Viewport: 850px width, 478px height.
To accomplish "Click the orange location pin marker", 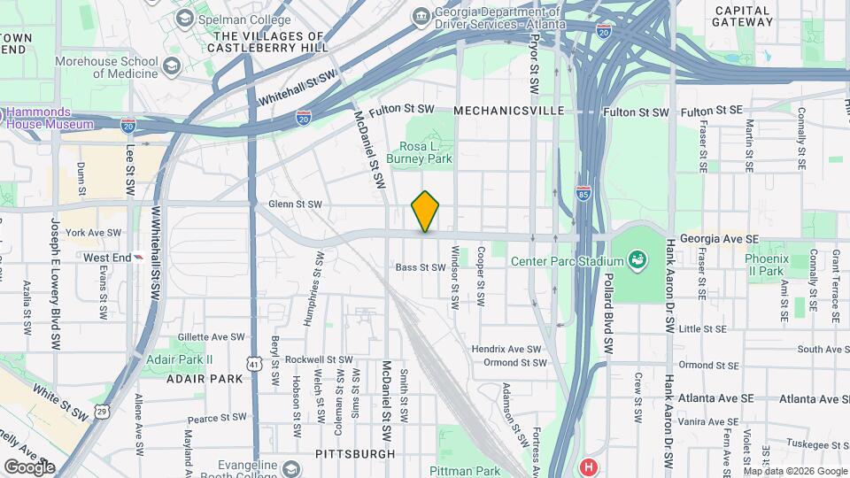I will (425, 211).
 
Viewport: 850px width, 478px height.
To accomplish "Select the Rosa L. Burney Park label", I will (426, 152).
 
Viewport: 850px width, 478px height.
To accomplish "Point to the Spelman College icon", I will (184, 18).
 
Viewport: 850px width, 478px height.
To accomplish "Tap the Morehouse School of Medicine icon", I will (171, 67).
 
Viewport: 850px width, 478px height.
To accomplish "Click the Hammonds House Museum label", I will (50, 119).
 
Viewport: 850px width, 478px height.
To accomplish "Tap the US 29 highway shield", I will (103, 412).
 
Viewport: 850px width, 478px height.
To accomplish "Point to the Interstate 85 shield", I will (583, 191).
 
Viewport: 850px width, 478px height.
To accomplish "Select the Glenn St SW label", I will (295, 204).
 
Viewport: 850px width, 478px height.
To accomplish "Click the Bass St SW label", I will (420, 267).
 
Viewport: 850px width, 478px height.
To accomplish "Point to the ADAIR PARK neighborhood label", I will (204, 378).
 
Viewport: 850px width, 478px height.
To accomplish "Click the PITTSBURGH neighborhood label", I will (355, 454).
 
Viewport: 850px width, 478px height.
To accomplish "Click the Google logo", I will (29, 466).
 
